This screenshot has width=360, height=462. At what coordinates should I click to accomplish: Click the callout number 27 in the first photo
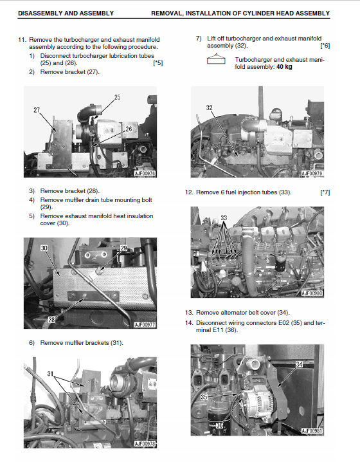tap(37, 110)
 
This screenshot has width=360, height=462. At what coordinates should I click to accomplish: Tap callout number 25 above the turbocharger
tap(118, 97)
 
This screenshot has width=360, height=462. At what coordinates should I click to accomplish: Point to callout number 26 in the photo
tap(129, 129)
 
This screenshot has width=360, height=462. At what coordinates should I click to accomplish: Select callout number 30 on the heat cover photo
tap(44, 248)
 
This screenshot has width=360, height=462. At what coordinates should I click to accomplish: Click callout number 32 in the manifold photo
tap(210, 108)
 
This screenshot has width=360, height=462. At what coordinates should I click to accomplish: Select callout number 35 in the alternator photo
tap(204, 398)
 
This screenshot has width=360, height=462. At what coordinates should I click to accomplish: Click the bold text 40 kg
tap(285, 68)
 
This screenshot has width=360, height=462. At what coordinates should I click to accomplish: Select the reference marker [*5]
tap(157, 63)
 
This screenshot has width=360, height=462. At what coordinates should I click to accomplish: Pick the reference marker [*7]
tap(325, 192)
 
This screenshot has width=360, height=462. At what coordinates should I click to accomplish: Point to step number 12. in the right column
tap(189, 192)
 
